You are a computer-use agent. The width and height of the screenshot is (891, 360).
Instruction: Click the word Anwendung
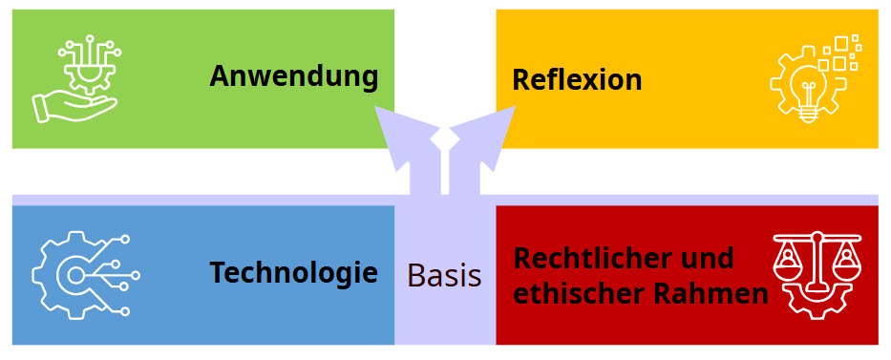[x=294, y=75]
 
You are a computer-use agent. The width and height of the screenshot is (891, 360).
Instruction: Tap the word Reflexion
[x=577, y=79]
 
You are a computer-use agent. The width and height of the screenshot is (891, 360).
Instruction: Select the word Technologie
[x=294, y=274]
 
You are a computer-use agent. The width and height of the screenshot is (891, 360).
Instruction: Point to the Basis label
[x=444, y=276]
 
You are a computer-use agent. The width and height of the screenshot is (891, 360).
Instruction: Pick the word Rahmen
[x=711, y=294]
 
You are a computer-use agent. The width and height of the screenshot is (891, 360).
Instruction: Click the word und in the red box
[x=708, y=258]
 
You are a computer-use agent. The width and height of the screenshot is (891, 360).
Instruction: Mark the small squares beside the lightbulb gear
[x=844, y=53]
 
